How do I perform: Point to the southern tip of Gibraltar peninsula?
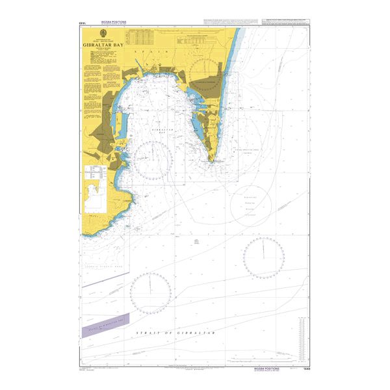[211, 162]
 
